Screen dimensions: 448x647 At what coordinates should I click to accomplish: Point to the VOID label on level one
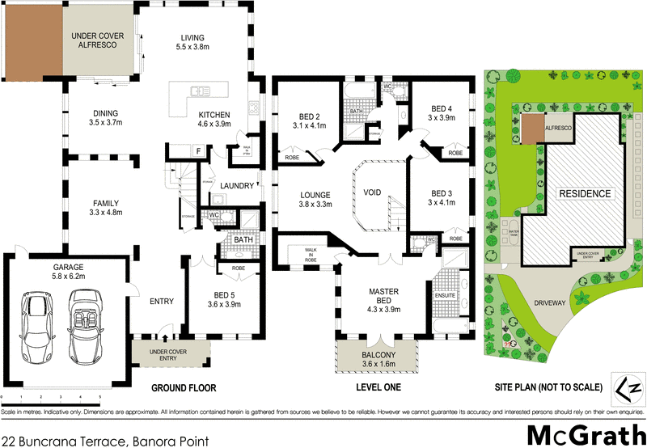[373, 193]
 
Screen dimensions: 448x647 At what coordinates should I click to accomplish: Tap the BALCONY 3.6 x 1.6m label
[377, 360]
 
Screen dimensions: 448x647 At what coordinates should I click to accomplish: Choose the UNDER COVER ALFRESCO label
[94, 40]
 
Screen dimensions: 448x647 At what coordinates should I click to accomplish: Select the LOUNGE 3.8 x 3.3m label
[306, 199]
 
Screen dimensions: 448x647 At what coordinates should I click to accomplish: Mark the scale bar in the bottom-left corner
[50, 397]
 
